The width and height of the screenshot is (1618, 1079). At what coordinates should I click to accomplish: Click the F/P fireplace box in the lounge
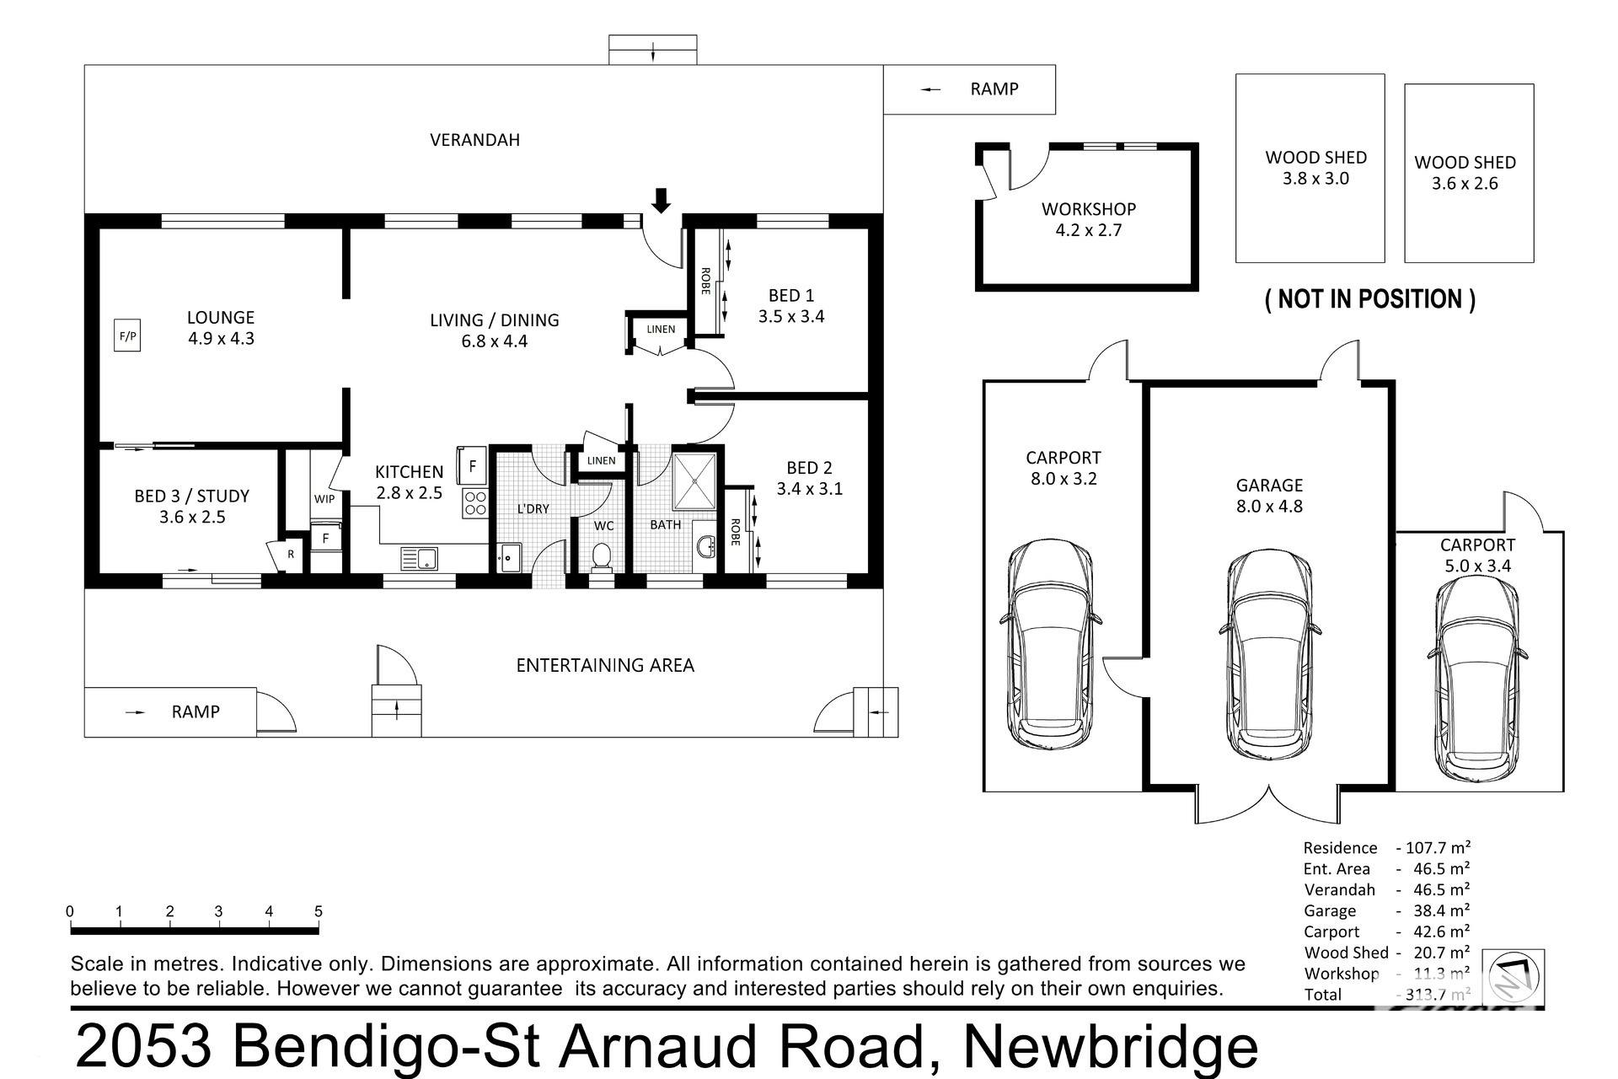click(x=127, y=338)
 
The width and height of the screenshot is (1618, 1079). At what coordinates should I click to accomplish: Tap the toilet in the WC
click(x=602, y=558)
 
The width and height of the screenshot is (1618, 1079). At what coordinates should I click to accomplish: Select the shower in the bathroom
click(x=694, y=481)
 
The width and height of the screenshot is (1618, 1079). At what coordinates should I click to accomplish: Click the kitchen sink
click(x=419, y=558)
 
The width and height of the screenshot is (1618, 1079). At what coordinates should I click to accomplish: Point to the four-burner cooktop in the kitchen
click(x=475, y=503)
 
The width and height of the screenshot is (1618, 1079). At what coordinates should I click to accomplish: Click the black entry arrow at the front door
click(x=662, y=201)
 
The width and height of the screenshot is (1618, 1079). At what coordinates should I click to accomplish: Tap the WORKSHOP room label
click(x=1089, y=209)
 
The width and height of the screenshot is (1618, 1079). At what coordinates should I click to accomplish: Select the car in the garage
click(x=1269, y=654)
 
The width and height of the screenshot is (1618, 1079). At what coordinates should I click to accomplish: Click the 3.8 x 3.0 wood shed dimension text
click(x=1315, y=179)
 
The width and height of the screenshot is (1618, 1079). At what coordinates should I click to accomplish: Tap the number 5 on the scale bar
click(x=319, y=911)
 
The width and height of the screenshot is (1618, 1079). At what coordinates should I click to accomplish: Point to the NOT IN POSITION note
click(x=1370, y=299)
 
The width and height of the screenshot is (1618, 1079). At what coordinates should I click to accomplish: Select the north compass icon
click(x=1514, y=978)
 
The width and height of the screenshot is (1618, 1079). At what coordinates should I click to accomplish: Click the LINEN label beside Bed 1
click(x=661, y=329)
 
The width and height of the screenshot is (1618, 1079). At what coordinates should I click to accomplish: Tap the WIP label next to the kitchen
click(x=324, y=499)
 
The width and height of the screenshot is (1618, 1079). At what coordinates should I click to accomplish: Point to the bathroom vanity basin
click(x=705, y=547)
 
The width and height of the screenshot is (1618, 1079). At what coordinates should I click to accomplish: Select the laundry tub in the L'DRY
click(x=508, y=557)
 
